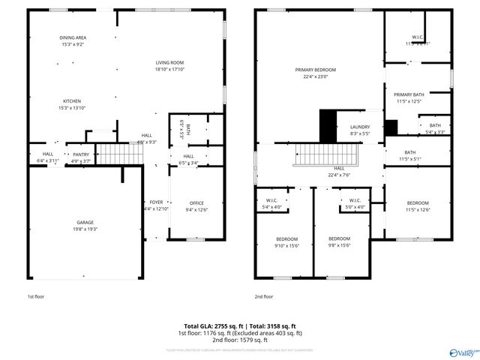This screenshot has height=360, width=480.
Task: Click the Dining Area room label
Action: point(72,41)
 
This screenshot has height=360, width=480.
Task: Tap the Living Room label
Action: point(169,66)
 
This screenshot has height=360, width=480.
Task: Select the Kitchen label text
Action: point(72,104)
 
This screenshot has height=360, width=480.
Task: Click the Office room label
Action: point(196,206)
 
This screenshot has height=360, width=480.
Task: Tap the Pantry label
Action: point(80,157)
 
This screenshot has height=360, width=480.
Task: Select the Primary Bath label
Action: point(409,97)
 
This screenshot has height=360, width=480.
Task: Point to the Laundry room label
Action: point(360,130)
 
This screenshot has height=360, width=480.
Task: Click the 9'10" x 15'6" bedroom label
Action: point(286,242)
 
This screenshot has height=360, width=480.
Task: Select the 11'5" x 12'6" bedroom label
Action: point(418,206)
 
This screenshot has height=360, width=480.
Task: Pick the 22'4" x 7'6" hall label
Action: point(339,172)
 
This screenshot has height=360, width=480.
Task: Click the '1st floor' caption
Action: point(36,296)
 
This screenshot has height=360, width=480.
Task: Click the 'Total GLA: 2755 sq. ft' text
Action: point(208,326)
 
